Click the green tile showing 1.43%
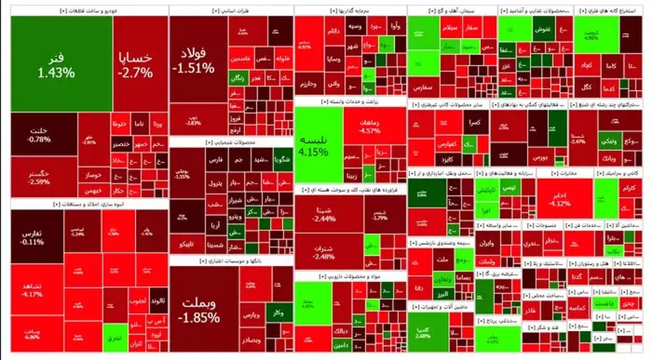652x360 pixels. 61,64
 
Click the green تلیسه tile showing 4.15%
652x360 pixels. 318,144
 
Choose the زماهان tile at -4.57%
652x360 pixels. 374,125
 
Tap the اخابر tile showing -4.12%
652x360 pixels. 563,198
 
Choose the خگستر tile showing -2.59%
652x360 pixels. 43,177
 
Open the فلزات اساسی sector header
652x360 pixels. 231,10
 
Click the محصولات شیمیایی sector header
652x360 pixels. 231,142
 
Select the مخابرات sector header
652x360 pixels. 563,173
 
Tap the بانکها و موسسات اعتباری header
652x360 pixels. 231,261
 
